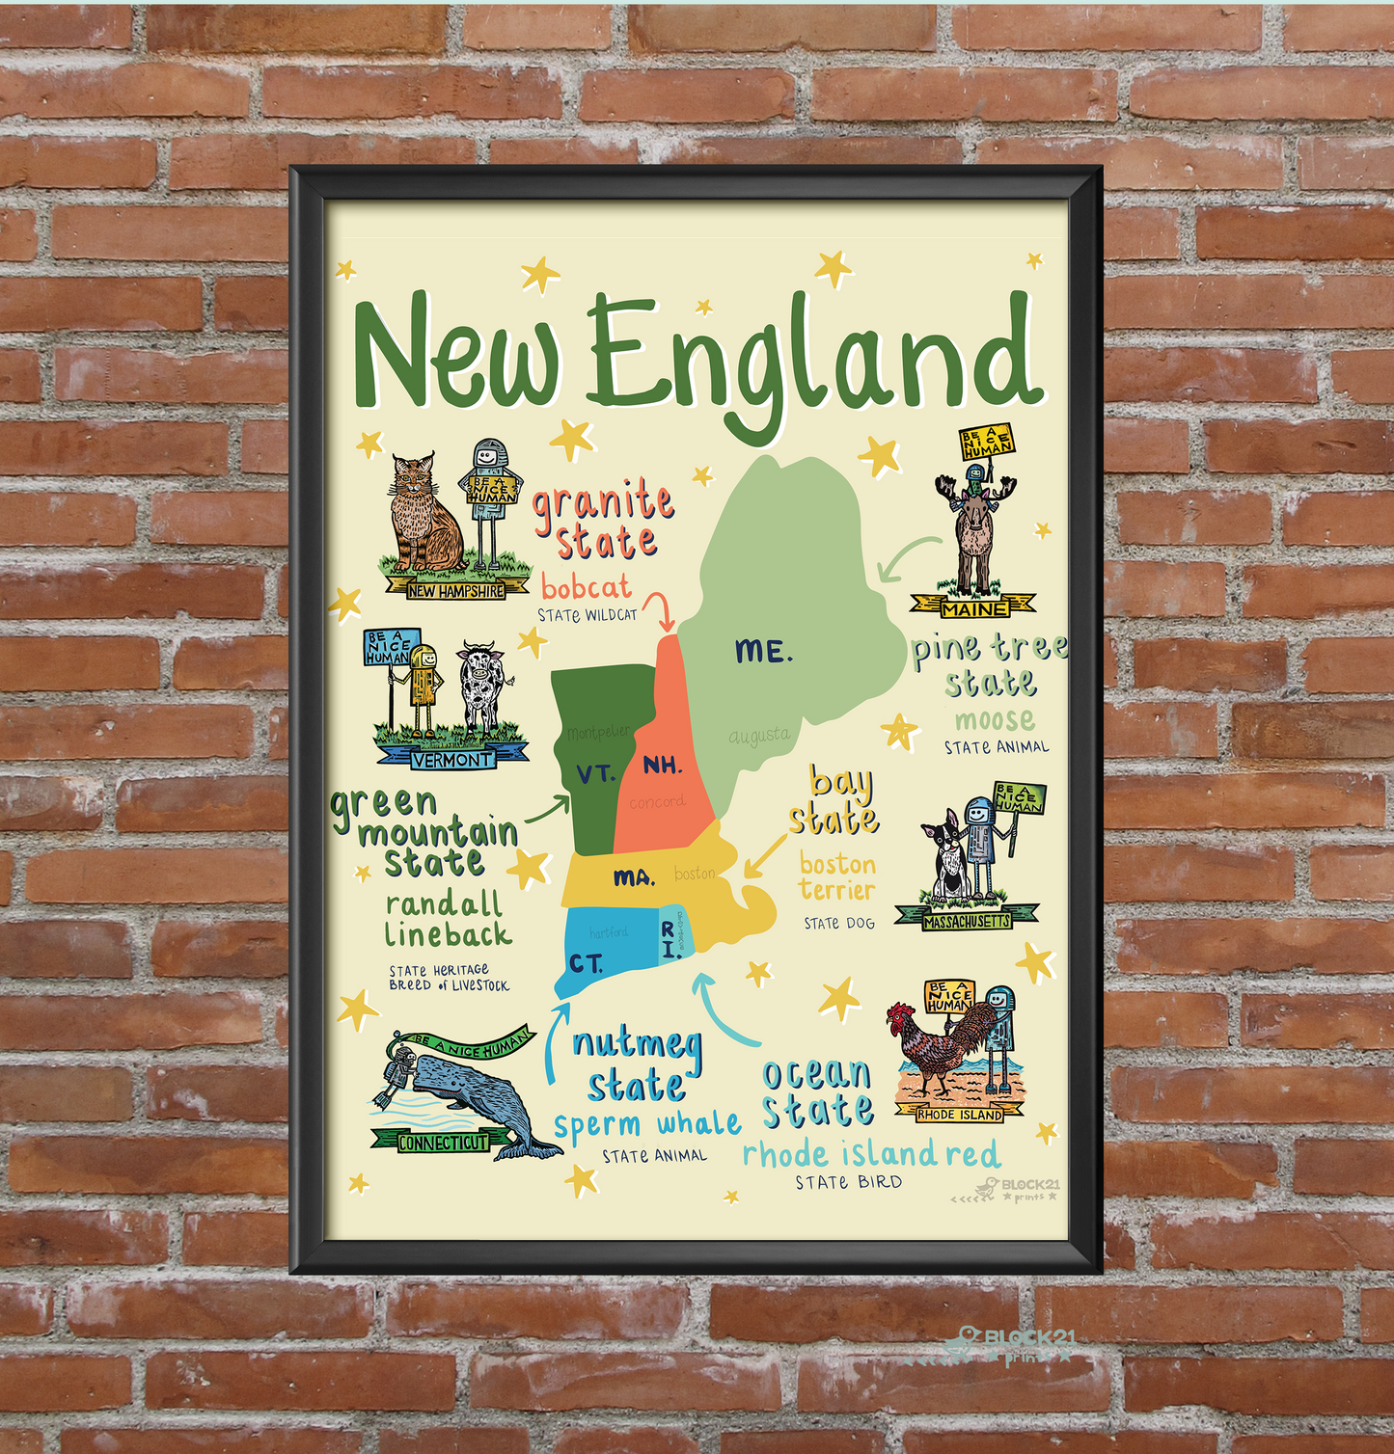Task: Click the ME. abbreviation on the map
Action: click(x=763, y=652)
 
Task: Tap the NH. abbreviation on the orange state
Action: click(x=663, y=766)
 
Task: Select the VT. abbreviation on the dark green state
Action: click(x=595, y=773)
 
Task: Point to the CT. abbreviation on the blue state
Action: click(x=586, y=963)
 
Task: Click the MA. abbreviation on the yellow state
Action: click(x=634, y=877)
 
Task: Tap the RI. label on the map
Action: click(x=668, y=939)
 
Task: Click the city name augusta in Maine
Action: click(x=759, y=737)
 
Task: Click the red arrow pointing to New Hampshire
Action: click(x=660, y=609)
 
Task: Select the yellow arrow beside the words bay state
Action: click(x=764, y=855)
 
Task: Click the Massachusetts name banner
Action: click(x=967, y=921)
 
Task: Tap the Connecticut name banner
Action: click(x=444, y=1143)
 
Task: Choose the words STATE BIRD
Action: click(x=849, y=1182)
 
